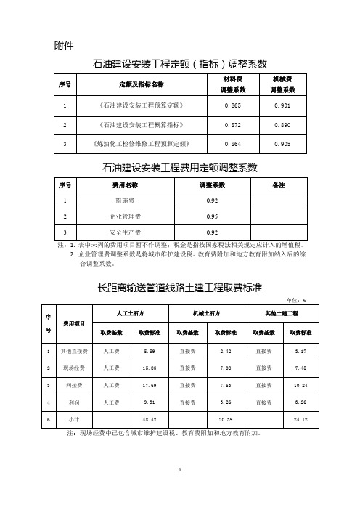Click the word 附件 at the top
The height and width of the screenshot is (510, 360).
tap(64, 46)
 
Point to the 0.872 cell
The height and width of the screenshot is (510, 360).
tap(233, 125)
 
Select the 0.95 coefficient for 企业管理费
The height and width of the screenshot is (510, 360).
tap(212, 216)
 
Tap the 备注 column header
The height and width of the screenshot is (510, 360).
tap(277, 185)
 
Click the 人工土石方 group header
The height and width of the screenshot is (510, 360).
tap(131, 313)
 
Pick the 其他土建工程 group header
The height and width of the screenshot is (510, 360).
tap(282, 313)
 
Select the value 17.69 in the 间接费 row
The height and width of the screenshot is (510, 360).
tap(151, 384)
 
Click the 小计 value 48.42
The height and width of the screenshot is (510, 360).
tap(151, 419)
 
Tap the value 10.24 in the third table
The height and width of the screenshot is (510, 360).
tap(301, 384)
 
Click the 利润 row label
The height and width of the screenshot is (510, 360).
tap(74, 401)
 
